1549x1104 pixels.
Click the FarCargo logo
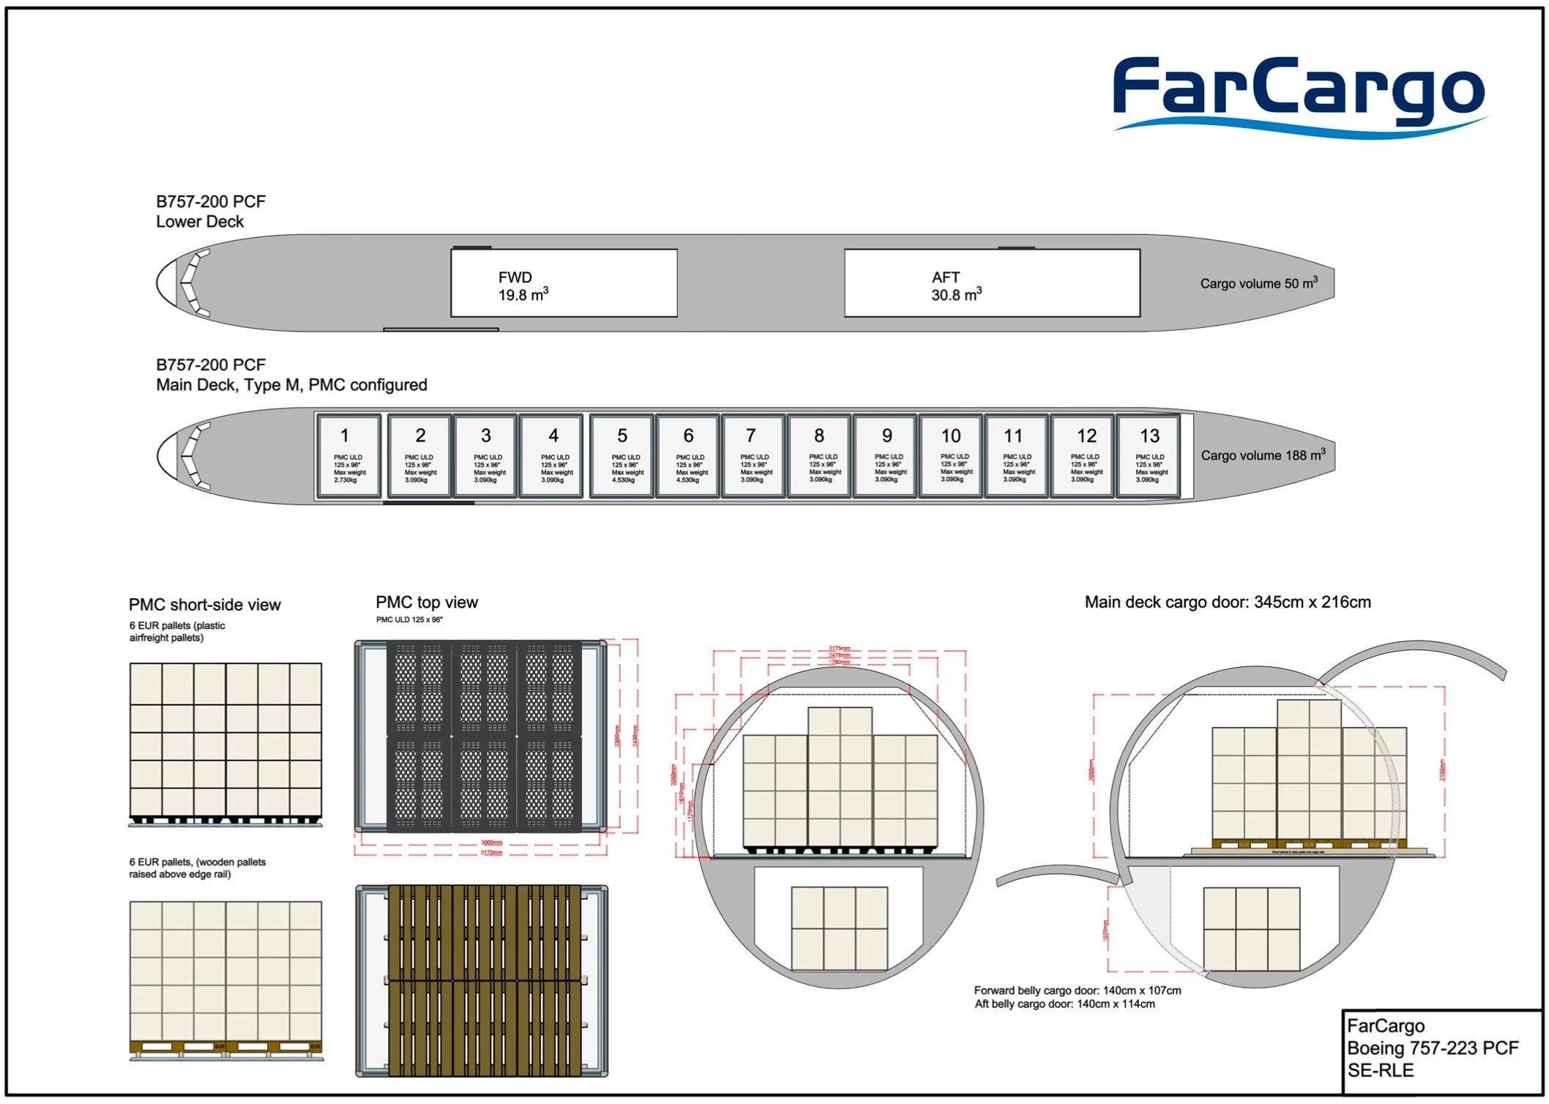1298,95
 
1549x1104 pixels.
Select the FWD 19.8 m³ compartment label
523,286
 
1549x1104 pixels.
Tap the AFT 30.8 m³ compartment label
955,286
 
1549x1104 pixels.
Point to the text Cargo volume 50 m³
1258,283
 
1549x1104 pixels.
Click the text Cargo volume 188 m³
1262,455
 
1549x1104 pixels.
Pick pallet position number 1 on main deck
348,456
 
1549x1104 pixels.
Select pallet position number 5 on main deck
622,456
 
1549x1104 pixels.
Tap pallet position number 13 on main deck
1149,456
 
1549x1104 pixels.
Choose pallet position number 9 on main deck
886,456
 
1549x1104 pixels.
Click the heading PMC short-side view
204,605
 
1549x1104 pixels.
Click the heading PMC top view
426,603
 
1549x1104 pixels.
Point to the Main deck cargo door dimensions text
1227,603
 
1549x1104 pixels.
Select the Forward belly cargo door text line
1077,991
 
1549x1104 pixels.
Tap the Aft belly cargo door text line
1064,1004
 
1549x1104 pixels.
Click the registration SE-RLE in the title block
1381,1070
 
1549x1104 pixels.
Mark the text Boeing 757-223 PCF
1433,1048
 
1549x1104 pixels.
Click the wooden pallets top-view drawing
482,981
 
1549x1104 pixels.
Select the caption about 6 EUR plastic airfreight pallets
177,632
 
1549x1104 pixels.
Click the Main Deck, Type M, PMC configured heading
291,385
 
